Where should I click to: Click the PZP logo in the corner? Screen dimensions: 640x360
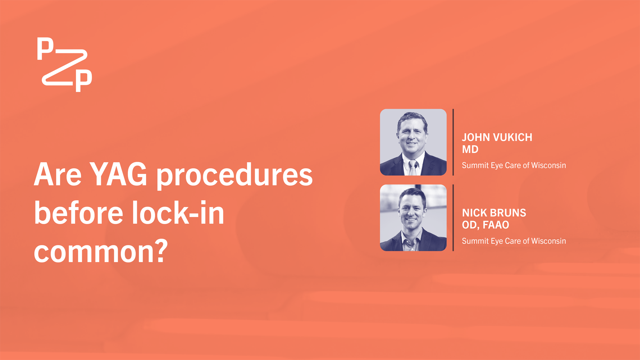[64, 64]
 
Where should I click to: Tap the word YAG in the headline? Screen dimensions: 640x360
[119, 174]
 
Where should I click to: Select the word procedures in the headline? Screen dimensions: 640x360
[234, 176]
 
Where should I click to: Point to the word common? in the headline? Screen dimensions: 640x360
[100, 252]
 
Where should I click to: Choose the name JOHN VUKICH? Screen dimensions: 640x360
[497, 137]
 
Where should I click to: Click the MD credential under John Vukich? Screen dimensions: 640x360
[470, 149]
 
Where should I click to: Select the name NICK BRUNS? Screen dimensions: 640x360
[494, 213]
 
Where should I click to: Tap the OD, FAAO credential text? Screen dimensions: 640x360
[485, 225]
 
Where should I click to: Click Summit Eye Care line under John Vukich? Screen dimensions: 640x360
[514, 165]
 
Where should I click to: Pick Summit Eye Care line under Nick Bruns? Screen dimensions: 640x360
[514, 241]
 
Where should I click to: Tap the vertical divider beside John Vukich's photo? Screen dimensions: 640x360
[453, 142]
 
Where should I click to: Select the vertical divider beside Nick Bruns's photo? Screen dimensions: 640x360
[453, 218]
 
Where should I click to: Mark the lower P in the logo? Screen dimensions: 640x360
[84, 80]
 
